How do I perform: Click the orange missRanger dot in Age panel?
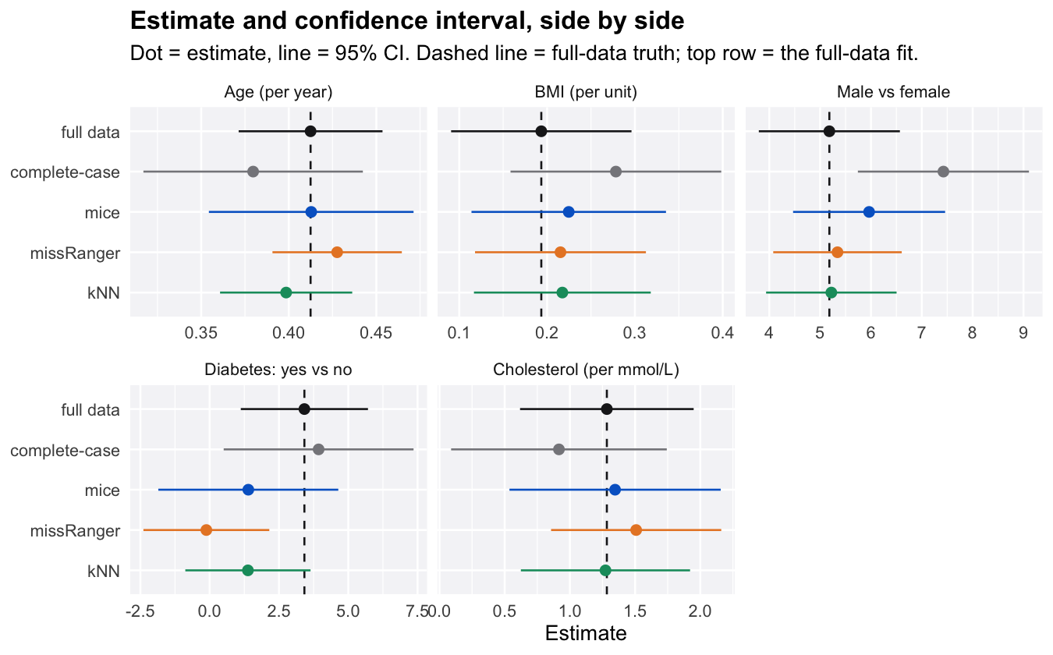point(337,253)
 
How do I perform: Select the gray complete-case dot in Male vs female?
point(943,172)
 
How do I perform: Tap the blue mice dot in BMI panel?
point(569,212)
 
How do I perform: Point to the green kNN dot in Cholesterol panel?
point(605,571)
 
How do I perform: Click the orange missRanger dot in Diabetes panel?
point(206,530)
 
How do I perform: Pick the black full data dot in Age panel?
point(310,131)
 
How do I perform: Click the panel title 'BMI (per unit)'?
point(586,92)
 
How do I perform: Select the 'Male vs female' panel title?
point(893,92)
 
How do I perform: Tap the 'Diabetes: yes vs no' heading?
point(278,370)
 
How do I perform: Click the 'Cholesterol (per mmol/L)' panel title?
point(586,370)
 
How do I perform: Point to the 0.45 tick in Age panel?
point(376,333)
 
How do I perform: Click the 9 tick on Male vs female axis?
point(1023,333)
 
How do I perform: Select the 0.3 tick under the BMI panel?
point(634,333)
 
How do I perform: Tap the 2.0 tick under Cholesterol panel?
point(700,611)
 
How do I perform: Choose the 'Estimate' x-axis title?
point(586,633)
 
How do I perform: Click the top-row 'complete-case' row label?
point(65,172)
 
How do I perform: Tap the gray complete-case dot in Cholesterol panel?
point(558,449)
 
